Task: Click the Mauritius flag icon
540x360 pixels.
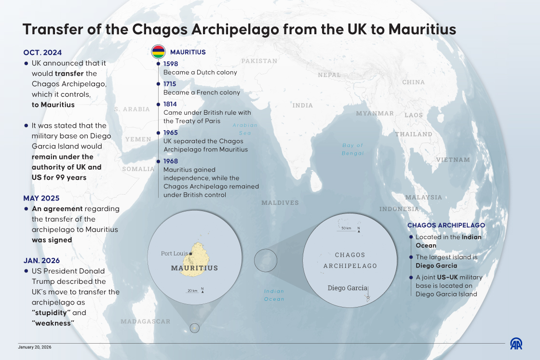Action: [159, 52]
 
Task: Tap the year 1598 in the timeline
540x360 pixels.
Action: [170, 64]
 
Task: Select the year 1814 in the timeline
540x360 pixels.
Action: [170, 104]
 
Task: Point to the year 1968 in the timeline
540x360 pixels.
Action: [170, 161]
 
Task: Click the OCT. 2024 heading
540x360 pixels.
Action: [42, 53]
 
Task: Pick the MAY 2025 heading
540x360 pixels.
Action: [42, 198]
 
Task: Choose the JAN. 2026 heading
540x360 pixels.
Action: [41, 261]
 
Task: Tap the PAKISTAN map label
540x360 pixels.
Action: [259, 61]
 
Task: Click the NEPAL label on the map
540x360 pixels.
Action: [329, 75]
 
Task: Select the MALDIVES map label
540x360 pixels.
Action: [280, 203]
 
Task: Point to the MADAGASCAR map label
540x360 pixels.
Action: [146, 321]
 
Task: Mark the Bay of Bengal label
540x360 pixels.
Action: [353, 149]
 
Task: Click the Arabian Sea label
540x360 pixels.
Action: [245, 129]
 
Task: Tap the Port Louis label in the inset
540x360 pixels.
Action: [174, 253]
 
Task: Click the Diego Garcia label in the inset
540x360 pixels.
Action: [347, 288]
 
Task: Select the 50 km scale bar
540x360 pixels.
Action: [346, 229]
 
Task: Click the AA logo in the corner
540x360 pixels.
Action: [516, 343]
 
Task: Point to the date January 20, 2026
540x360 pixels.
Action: [35, 347]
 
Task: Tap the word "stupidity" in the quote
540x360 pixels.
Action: [51, 313]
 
